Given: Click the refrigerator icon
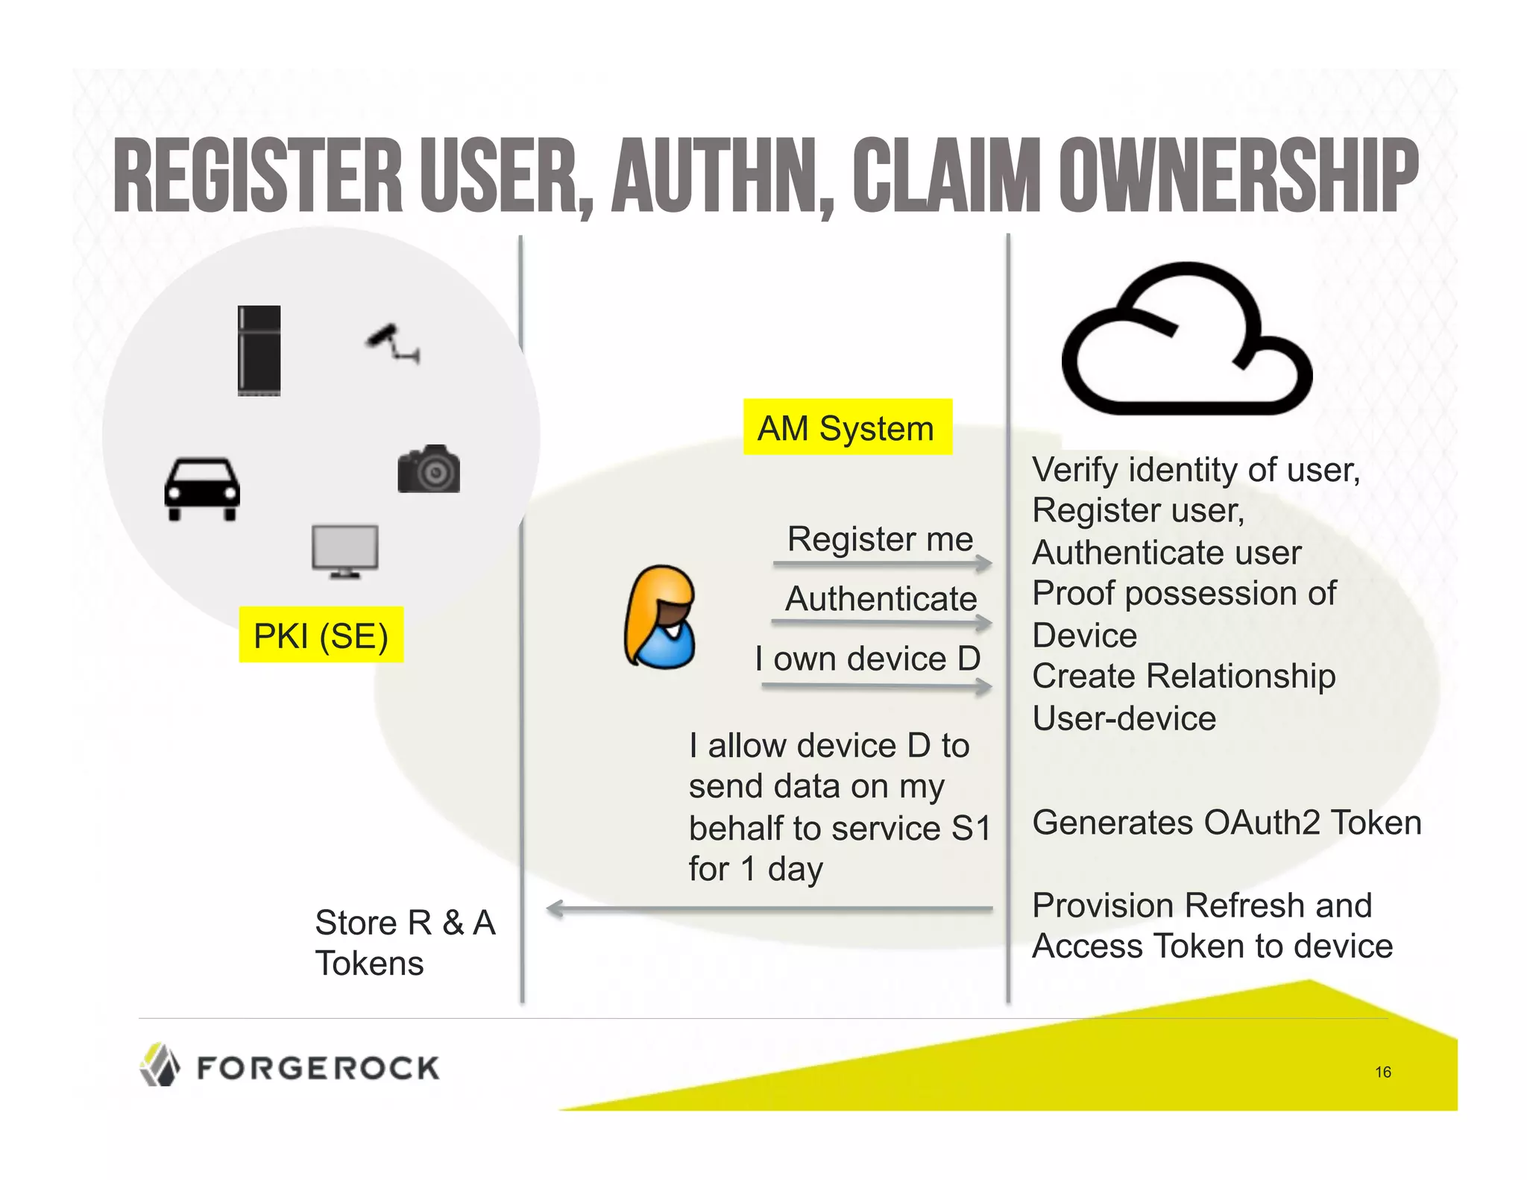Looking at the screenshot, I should pyautogui.click(x=259, y=350).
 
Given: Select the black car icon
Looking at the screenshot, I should pyautogui.click(x=202, y=489).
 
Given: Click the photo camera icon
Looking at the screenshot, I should pyautogui.click(x=429, y=469).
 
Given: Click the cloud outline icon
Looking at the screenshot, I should pyautogui.click(x=1186, y=339).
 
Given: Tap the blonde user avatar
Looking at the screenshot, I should pyautogui.click(x=660, y=616).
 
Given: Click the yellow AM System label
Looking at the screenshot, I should pyautogui.click(x=847, y=427).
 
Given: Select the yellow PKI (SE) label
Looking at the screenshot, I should pyautogui.click(x=321, y=635).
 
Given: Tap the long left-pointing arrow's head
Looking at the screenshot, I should pyautogui.click(x=555, y=908).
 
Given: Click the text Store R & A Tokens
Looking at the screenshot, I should pyautogui.click(x=404, y=942).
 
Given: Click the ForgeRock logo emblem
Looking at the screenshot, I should pyautogui.click(x=160, y=1064).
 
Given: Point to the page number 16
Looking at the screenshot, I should pyautogui.click(x=1382, y=1072).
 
